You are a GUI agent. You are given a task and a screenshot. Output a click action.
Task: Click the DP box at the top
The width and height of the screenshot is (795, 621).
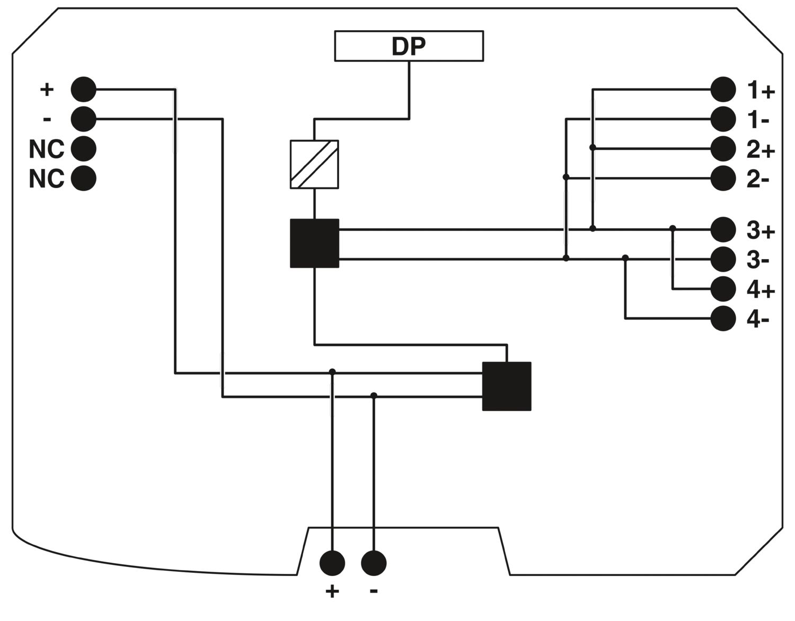pyautogui.click(x=409, y=46)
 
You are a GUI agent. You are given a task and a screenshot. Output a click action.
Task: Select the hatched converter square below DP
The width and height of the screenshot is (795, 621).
pyautogui.click(x=314, y=164)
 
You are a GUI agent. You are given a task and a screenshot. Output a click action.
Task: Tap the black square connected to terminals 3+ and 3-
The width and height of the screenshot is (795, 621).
pyautogui.click(x=314, y=243)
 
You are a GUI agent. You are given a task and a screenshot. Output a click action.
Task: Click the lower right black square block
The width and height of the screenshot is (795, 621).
pyautogui.click(x=507, y=386)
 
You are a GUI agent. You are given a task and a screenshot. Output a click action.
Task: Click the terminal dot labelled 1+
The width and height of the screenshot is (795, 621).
pyautogui.click(x=723, y=90)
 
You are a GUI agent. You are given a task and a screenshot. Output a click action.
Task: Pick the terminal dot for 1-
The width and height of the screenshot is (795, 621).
pyautogui.click(x=723, y=119)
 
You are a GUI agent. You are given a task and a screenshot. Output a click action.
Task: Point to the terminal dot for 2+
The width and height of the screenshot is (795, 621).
pyautogui.click(x=723, y=149)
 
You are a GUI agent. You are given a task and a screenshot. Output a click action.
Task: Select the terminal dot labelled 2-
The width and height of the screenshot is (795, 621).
pyautogui.click(x=723, y=179)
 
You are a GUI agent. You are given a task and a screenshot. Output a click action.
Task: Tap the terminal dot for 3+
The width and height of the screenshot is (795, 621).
pyautogui.click(x=723, y=229)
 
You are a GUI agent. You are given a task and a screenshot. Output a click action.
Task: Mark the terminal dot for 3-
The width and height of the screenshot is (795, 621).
pyautogui.click(x=723, y=259)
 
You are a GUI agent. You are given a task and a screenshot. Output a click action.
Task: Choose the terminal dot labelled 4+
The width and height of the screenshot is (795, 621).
pyautogui.click(x=723, y=289)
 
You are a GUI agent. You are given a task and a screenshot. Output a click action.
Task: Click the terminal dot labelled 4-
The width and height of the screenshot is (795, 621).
pyautogui.click(x=723, y=318)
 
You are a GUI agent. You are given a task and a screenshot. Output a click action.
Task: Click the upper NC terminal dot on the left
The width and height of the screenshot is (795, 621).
pyautogui.click(x=84, y=149)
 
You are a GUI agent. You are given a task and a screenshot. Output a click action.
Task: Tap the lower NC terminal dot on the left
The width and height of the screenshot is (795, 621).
pyautogui.click(x=84, y=179)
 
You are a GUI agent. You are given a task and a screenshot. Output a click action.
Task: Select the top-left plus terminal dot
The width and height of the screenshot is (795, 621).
pyautogui.click(x=84, y=90)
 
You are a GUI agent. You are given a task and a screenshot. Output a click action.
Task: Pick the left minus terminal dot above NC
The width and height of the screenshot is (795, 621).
pyautogui.click(x=84, y=119)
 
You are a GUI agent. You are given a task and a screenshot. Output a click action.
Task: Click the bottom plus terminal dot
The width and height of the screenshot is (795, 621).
pyautogui.click(x=332, y=563)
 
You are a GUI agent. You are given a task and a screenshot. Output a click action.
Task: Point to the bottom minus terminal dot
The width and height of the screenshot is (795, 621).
pyautogui.click(x=374, y=563)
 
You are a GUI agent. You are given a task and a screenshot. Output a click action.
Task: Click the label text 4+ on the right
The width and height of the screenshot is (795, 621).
pyautogui.click(x=761, y=290)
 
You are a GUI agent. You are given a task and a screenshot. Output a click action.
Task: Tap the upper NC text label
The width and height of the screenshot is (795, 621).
pyautogui.click(x=47, y=150)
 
